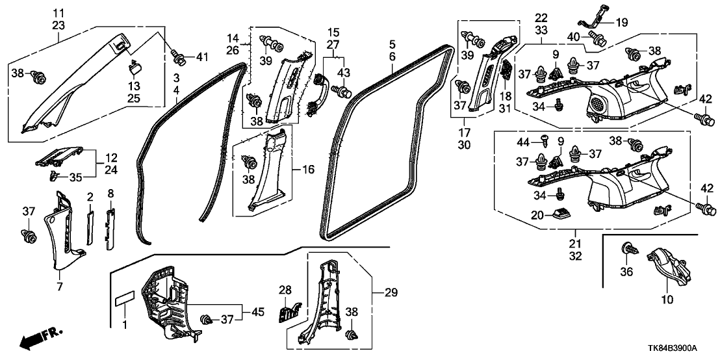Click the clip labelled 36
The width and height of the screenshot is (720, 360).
coord(629,249)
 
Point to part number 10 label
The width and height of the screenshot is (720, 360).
coord(667,301)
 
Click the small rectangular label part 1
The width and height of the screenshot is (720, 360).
coord(125,302)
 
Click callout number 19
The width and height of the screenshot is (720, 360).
coord(621,22)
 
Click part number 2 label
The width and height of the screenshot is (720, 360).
coord(91,196)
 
